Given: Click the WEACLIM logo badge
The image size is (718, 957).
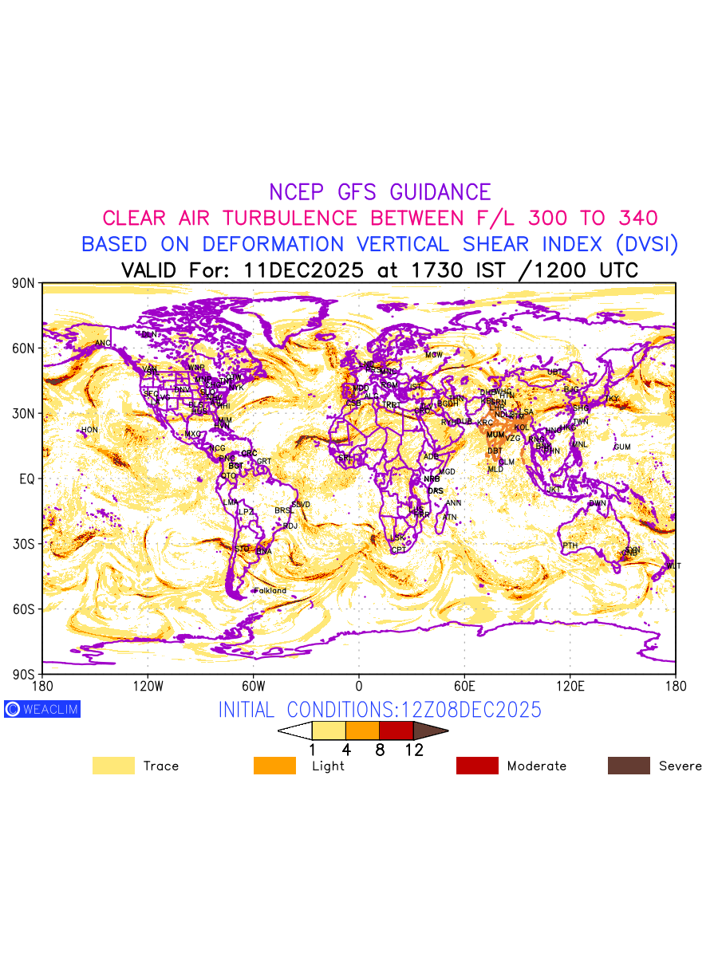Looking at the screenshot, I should point(42,709).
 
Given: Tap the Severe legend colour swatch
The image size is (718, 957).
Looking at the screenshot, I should point(629,766).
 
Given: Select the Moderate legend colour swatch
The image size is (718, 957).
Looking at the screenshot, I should point(477,766).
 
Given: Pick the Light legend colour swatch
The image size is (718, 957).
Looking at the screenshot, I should point(274,766).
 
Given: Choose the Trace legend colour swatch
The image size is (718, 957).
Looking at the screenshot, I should point(113,766).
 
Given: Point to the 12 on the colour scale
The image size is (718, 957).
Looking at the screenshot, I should point(413,750).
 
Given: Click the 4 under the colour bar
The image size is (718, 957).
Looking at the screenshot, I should point(346,750).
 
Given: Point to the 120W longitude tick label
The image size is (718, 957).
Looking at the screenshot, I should point(148,685).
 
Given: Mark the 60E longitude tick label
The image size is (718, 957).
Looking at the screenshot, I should point(464,685).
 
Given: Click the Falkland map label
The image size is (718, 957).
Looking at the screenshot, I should point(270,591).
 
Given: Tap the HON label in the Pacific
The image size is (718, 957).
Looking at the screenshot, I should point(89,430).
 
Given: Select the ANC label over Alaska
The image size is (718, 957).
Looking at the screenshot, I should point(103,344).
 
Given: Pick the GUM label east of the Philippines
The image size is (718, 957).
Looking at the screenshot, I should point(622,447).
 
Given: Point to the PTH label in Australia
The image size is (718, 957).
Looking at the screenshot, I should point(570,545).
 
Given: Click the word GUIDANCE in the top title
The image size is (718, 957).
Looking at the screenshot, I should point(440,192).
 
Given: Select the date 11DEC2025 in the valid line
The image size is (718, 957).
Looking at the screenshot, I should point(304,270).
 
